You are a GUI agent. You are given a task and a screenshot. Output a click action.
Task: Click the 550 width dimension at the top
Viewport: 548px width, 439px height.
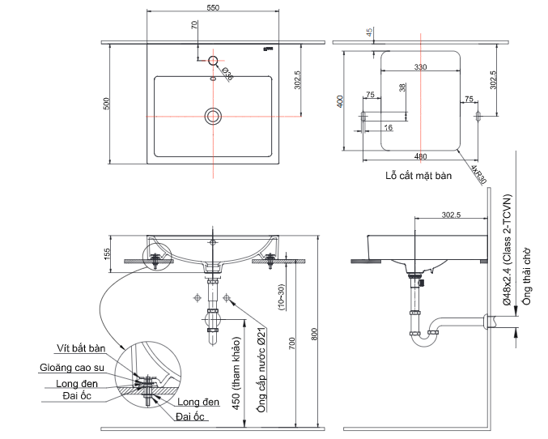coord(212,7)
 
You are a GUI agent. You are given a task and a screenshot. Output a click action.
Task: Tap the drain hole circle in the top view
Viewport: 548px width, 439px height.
coord(213,115)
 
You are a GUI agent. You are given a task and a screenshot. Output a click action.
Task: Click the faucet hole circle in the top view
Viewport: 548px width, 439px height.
coord(214,61)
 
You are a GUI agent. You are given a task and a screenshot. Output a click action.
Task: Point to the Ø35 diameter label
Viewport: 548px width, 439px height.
coord(227,75)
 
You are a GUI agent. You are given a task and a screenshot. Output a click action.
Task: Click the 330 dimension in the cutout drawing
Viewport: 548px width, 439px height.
coord(421,67)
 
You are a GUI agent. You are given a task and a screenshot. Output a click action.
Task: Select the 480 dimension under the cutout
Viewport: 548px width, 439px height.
coord(421,156)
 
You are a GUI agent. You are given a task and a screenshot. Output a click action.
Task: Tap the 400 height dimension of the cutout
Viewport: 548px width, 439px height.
coord(341,101)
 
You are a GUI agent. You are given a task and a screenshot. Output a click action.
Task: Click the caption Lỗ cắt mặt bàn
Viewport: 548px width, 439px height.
coord(418,175)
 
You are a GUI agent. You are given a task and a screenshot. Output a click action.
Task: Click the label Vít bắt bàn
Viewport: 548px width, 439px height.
coord(81,349)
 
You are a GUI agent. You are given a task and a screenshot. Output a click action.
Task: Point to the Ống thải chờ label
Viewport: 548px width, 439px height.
coord(526,276)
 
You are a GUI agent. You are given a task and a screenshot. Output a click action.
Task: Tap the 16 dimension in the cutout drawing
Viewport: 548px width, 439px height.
coord(389,127)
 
